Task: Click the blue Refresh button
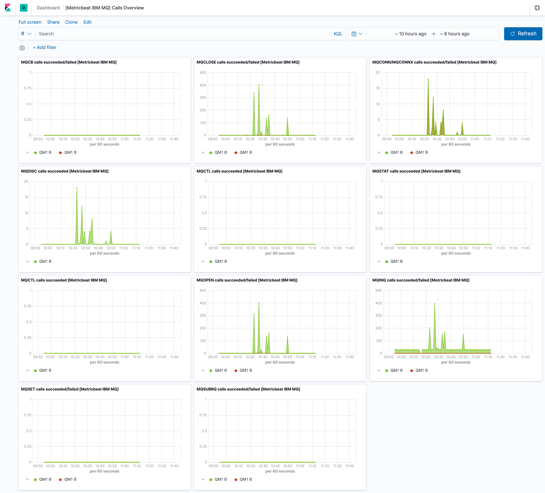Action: (x=523, y=34)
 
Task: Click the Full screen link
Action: (x=30, y=22)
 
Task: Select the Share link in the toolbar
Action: (x=53, y=22)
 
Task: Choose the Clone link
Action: (x=71, y=22)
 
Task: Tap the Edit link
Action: (x=87, y=22)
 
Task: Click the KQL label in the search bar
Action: (x=338, y=34)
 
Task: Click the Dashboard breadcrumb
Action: (x=48, y=8)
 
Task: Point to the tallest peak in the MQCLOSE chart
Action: (x=259, y=85)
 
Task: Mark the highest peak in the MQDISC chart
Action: (x=77, y=188)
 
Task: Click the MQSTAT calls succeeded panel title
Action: (x=416, y=171)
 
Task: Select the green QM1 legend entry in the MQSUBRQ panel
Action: (x=218, y=480)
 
